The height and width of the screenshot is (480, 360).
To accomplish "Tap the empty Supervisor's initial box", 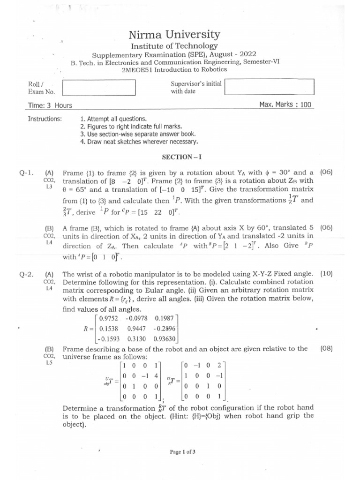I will (x=270, y=86).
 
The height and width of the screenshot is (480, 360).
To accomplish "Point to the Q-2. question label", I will (x=26, y=274).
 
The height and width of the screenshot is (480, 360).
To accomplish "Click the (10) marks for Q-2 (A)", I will (x=326, y=273).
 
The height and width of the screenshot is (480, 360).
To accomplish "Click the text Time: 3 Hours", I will (x=50, y=105).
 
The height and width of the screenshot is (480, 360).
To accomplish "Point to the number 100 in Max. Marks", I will (x=306, y=105).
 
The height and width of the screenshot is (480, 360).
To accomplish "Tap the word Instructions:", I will (x=45, y=119).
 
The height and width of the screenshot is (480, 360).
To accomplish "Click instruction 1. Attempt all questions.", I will (x=113, y=119).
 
